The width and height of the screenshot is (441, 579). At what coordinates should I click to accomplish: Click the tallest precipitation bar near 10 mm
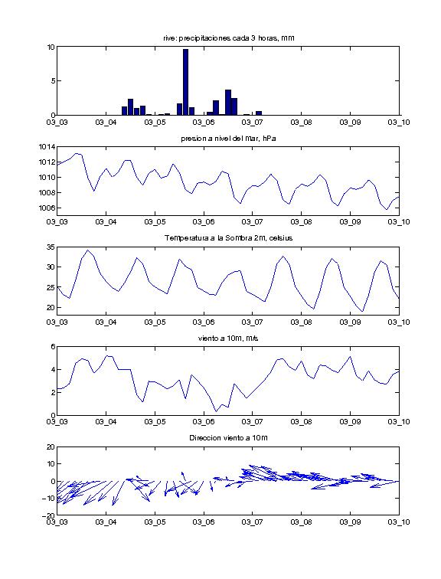pyautogui.click(x=185, y=82)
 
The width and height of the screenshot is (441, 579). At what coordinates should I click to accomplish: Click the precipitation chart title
pyautogui.click(x=228, y=38)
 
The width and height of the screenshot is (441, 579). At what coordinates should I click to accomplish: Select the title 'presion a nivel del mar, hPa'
pyautogui.click(x=228, y=139)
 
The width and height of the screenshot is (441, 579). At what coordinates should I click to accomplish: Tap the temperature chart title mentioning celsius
pyautogui.click(x=228, y=238)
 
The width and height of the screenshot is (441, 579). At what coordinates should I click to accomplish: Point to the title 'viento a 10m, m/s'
pyautogui.click(x=228, y=339)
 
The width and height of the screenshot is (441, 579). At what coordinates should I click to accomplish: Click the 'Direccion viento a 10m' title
pyautogui.click(x=228, y=438)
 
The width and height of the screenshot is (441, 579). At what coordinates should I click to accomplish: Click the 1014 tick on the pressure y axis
pyautogui.click(x=47, y=147)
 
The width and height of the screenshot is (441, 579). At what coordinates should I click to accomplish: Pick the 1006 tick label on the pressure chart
pyautogui.click(x=47, y=208)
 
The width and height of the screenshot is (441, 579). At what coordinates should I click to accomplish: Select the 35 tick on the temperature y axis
pyautogui.click(x=51, y=247)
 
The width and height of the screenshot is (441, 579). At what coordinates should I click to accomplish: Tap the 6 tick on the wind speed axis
pyautogui.click(x=53, y=347)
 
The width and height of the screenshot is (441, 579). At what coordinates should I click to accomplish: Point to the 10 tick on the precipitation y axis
pyautogui.click(x=51, y=47)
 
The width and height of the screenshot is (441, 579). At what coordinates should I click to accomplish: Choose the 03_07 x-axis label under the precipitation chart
pyautogui.click(x=253, y=123)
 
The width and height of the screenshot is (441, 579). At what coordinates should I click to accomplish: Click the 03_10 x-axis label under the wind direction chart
pyautogui.click(x=399, y=522)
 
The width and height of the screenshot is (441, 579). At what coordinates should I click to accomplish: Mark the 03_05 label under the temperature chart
pyautogui.click(x=155, y=322)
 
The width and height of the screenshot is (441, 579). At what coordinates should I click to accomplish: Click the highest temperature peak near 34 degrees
pyautogui.click(x=87, y=250)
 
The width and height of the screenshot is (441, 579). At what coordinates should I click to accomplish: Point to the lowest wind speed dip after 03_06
pyautogui.click(x=216, y=411)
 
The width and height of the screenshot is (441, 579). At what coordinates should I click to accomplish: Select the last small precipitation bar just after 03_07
pyautogui.click(x=259, y=113)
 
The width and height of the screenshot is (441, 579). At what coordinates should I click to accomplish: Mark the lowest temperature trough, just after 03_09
pyautogui.click(x=362, y=311)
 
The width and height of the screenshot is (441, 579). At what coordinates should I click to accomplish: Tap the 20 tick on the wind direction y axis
pyautogui.click(x=51, y=447)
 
